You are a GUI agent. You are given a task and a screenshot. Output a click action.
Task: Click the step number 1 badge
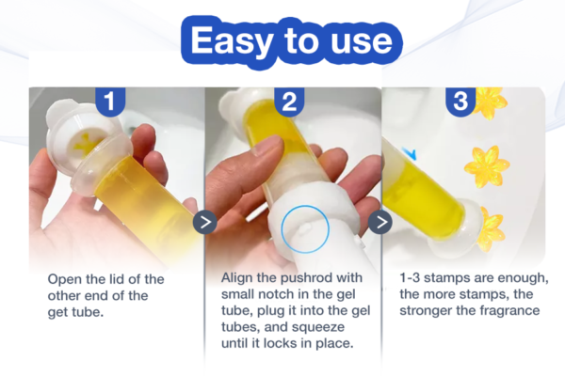click(x=110, y=102)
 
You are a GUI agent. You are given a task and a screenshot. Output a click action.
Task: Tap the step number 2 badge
click(x=289, y=102)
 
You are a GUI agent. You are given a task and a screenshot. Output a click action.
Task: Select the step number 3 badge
click(x=460, y=102)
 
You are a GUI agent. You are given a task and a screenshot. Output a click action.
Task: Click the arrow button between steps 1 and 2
click(x=205, y=222)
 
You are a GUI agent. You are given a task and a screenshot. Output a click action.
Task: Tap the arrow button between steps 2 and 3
click(x=380, y=222)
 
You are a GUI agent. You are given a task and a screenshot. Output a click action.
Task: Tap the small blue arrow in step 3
click(x=410, y=154)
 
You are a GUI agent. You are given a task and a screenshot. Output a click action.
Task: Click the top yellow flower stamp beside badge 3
click(x=491, y=103)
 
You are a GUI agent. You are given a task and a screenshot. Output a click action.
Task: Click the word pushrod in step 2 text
click(x=306, y=278)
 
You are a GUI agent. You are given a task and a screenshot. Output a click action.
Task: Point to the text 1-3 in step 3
click(x=410, y=278)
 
